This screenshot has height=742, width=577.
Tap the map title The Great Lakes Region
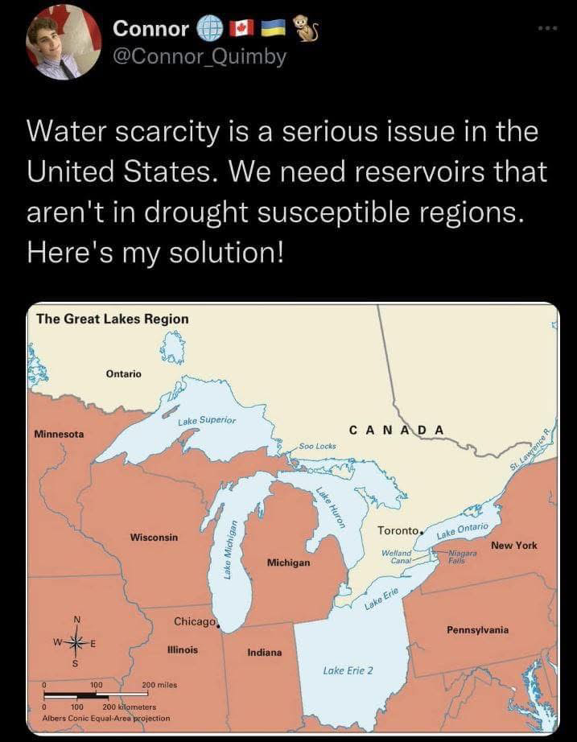coord(113,319)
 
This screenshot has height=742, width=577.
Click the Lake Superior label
coord(207,420)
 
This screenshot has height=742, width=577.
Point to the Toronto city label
coord(398,531)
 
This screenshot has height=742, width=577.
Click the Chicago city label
coord(194,622)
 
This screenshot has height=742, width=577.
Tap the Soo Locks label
coord(317,445)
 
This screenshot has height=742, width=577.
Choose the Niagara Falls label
coord(457,557)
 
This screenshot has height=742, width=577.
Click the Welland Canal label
coord(397,557)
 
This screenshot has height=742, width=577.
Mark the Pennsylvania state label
coord(477,629)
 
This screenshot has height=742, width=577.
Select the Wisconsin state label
coord(154,537)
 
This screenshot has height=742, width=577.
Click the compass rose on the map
coord(76,642)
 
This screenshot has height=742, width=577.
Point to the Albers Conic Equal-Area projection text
coord(101,717)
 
